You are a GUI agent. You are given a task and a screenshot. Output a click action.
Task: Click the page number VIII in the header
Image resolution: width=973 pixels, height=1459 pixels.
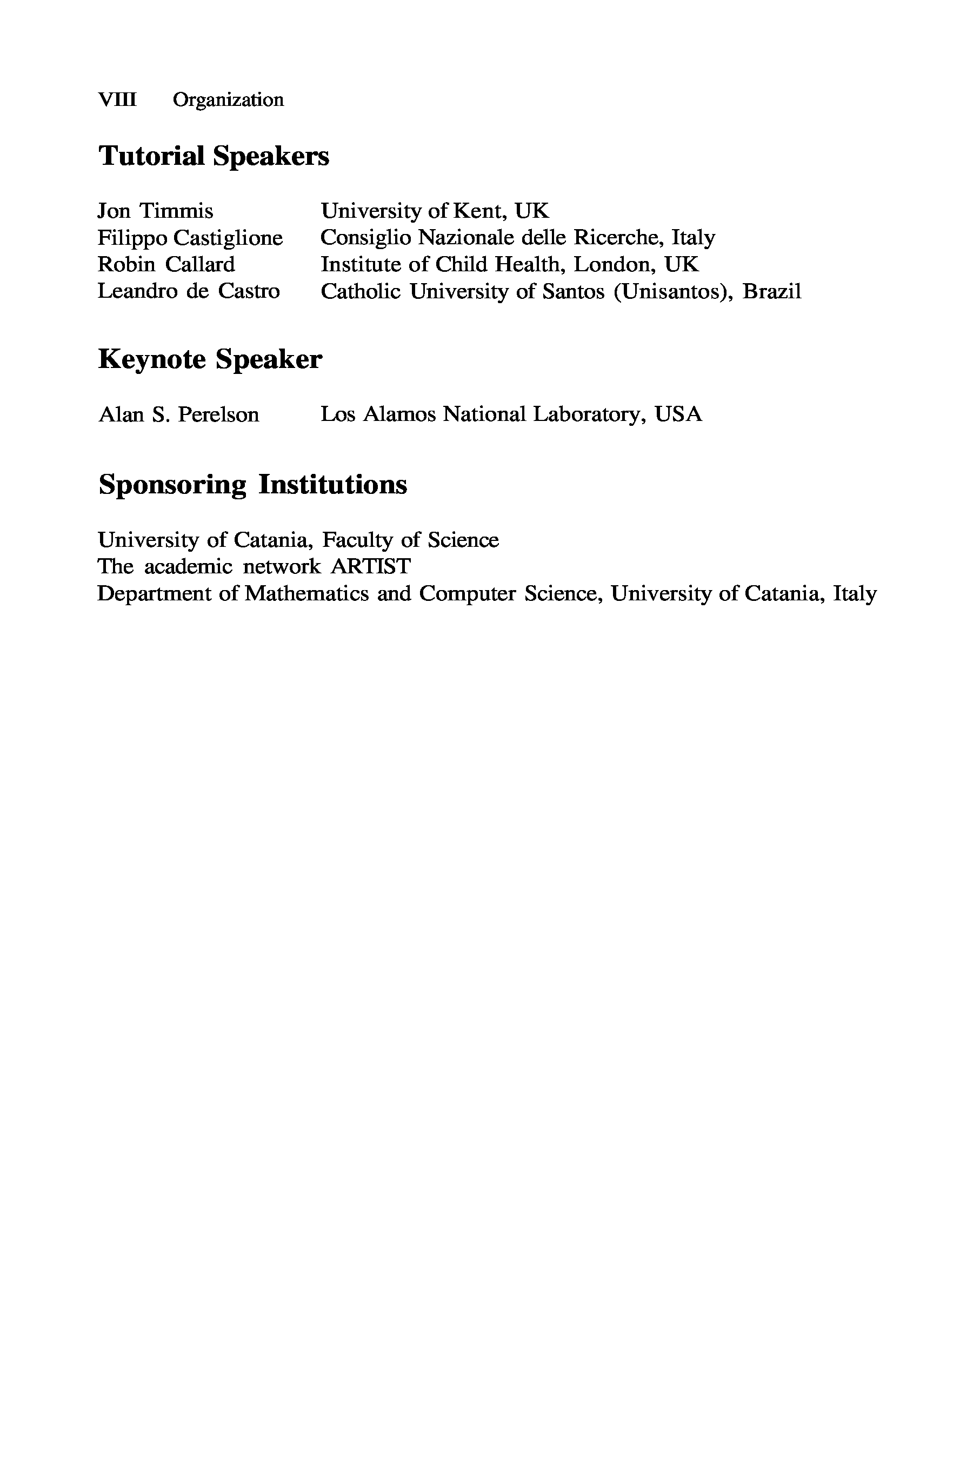point(117,100)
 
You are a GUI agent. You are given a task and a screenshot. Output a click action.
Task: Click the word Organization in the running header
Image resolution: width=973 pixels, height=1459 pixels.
point(228,100)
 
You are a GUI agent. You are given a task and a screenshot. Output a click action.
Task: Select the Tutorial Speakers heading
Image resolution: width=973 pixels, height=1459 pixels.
point(214,156)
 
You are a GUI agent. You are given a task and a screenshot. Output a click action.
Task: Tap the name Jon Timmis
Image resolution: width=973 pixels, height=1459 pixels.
point(155,211)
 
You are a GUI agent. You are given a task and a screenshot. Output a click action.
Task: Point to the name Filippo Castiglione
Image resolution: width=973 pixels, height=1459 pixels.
point(190,238)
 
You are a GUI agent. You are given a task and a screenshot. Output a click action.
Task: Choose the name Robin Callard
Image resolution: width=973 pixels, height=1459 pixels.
point(166,265)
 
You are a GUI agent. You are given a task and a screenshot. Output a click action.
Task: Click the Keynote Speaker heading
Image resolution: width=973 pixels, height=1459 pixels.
point(210,359)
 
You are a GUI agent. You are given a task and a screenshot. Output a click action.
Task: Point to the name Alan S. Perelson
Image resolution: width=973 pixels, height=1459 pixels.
point(179,414)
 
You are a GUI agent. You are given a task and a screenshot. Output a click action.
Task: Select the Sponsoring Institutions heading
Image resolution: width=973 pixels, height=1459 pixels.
point(252,485)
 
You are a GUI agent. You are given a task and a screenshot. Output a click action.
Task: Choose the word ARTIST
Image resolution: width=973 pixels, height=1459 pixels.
point(370,566)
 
